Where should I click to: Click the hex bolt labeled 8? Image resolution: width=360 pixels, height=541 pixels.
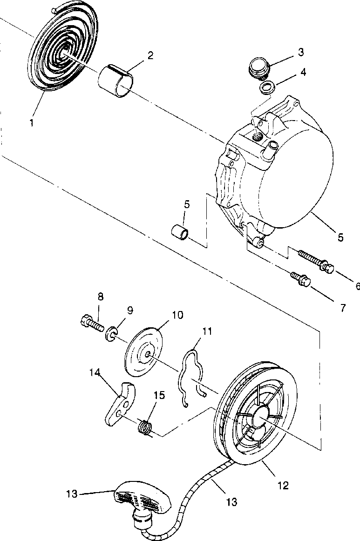coord(92,322)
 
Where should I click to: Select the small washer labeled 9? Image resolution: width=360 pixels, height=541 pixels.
coord(110,334)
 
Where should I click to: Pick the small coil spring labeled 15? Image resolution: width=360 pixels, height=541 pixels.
coord(146,426)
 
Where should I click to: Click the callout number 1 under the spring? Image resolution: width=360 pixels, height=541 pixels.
coord(31,123)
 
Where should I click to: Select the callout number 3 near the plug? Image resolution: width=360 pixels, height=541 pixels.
coord(301,52)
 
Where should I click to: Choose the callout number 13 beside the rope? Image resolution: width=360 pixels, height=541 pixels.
coord(231,502)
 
